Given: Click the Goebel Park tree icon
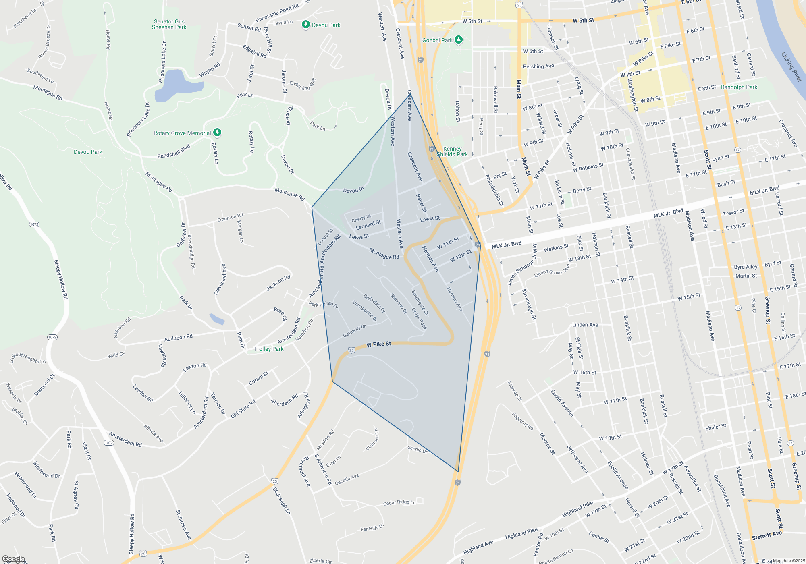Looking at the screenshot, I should [x=458, y=40].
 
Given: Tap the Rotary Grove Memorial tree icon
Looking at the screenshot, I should [x=217, y=132].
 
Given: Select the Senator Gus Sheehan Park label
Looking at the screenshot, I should [x=169, y=25].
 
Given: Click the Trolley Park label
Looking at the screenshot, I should [x=269, y=349].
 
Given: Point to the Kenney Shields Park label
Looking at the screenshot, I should [x=453, y=151].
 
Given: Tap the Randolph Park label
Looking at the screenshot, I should [x=739, y=87].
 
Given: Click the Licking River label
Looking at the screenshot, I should [x=791, y=66].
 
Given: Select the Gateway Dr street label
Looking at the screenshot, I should [x=354, y=331].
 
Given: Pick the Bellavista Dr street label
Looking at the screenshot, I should [x=374, y=303].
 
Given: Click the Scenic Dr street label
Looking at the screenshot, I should [x=417, y=449].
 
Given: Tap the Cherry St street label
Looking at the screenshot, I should [x=361, y=218].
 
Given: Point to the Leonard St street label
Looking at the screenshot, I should [x=368, y=225].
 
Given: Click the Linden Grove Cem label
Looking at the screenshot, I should [x=552, y=271].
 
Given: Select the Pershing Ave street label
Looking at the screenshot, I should [x=538, y=66].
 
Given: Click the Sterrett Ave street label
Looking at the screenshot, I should [x=767, y=535].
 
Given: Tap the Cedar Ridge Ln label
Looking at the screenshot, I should [x=399, y=503].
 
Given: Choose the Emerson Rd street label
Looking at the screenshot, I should [x=230, y=218].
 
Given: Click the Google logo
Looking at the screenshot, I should [x=13, y=559].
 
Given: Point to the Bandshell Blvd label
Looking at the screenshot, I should [x=174, y=151].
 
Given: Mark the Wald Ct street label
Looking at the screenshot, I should [x=116, y=355].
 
